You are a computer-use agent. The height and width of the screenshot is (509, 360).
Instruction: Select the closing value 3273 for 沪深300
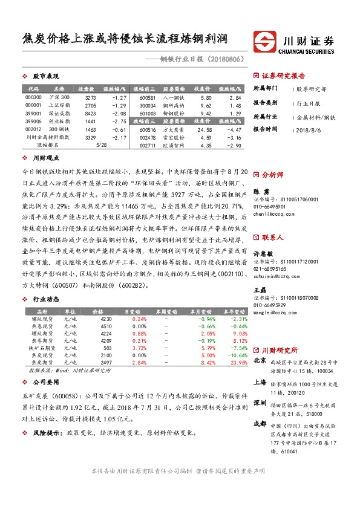(91, 97)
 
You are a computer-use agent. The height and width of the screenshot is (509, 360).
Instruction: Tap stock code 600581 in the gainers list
(147, 97)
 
